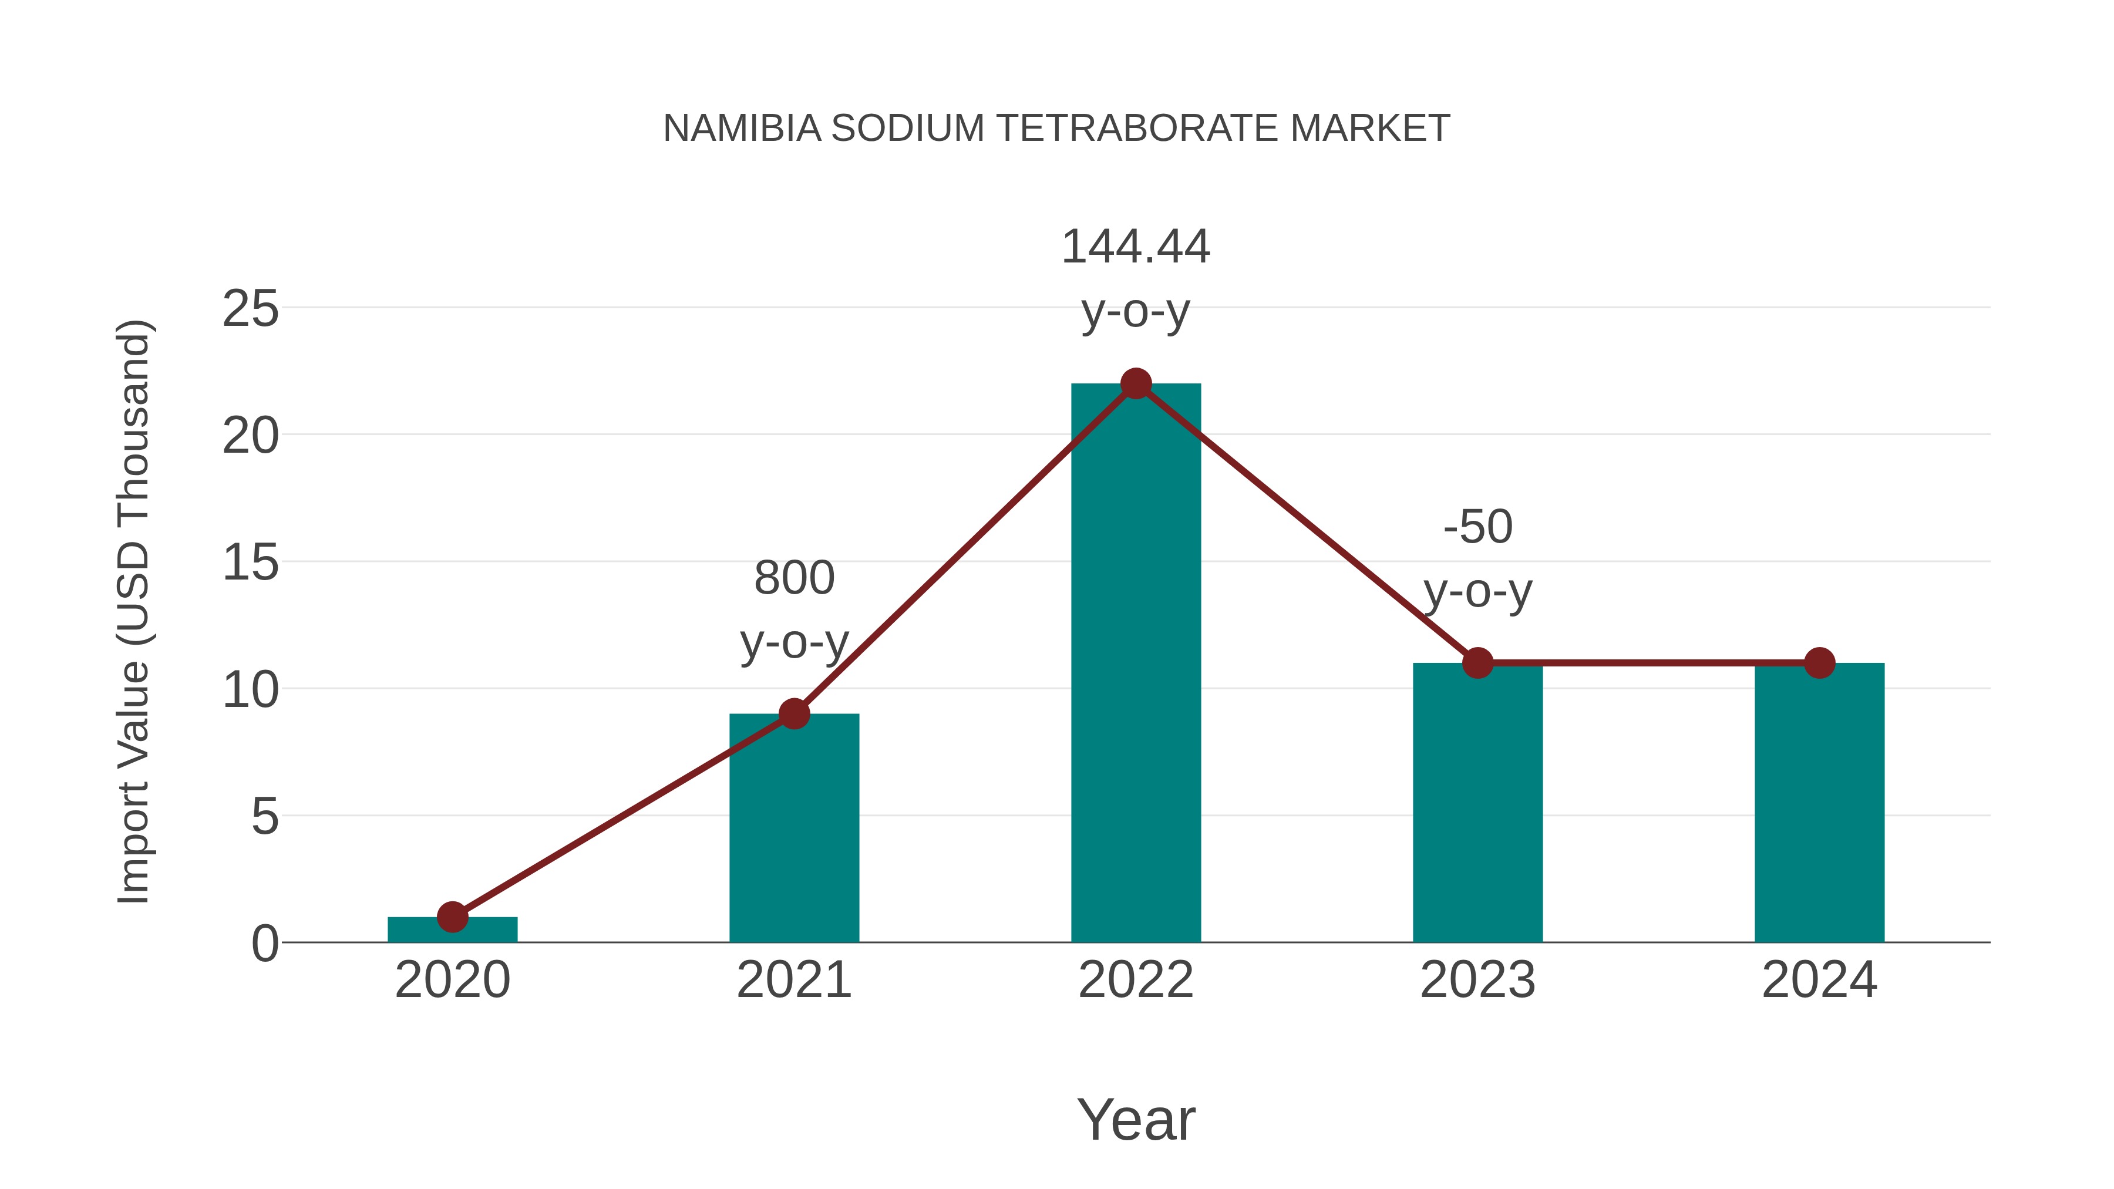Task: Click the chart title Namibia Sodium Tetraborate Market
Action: click(1056, 129)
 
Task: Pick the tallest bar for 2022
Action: click(1136, 665)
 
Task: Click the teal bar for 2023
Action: click(1477, 804)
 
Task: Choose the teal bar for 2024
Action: click(1819, 804)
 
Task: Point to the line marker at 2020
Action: click(452, 917)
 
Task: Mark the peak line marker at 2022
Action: click(1136, 383)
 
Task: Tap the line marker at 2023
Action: click(1477, 663)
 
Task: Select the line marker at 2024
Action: click(1819, 663)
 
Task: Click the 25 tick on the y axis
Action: click(250, 309)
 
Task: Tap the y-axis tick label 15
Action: click(250, 564)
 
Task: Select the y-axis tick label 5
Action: click(264, 817)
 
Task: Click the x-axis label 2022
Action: click(1136, 981)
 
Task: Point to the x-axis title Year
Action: click(1136, 1120)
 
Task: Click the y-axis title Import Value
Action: click(133, 611)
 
